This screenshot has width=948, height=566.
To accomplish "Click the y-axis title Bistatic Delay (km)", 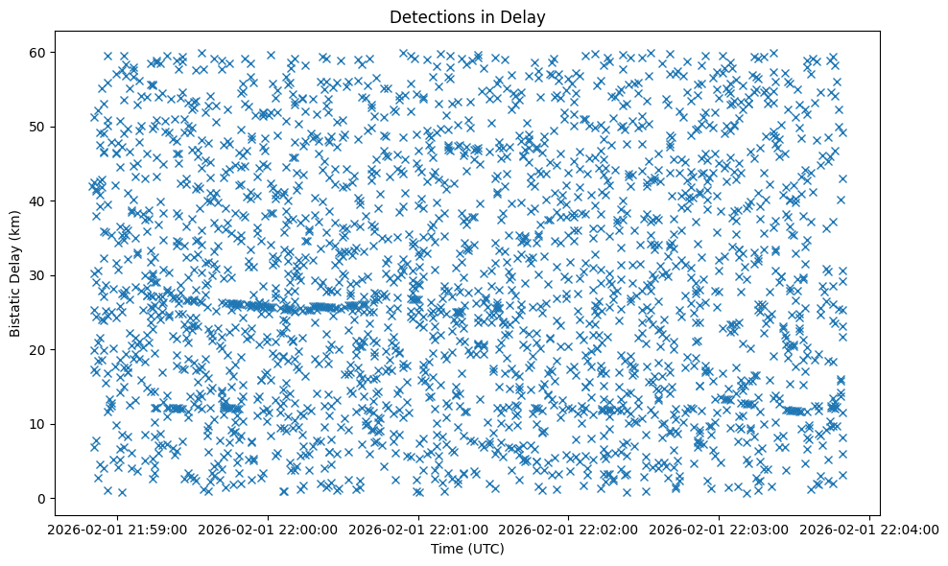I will pyautogui.click(x=16, y=274).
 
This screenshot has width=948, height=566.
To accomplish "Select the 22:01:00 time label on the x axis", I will pyautogui.click(x=418, y=529).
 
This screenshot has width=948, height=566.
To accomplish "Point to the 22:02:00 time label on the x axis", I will pyautogui.click(x=569, y=529).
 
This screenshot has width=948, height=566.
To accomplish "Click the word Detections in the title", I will pyautogui.click(x=427, y=16).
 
